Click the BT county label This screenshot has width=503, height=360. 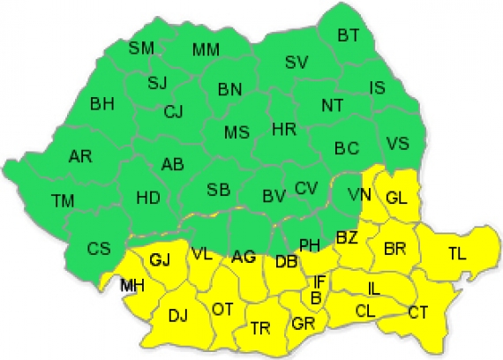click(349, 36)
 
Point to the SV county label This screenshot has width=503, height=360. click(296, 62)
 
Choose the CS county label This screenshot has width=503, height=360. click(98, 249)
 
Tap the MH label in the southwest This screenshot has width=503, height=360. click(133, 285)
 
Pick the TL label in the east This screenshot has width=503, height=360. click(456, 254)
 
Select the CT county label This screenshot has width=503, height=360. click(418, 311)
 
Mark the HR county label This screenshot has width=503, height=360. click(283, 130)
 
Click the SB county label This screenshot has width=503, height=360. click(219, 191)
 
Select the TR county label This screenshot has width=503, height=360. click(259, 327)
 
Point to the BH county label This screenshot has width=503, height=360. click(101, 104)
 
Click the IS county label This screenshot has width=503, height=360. click(377, 87)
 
